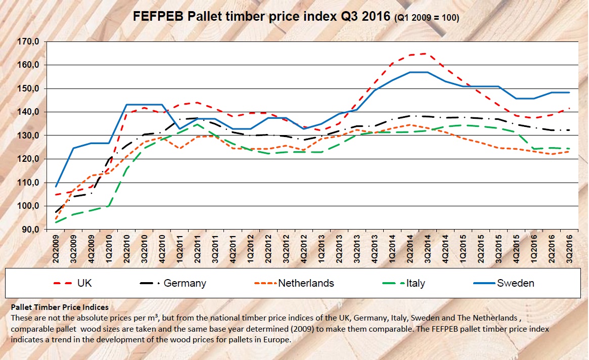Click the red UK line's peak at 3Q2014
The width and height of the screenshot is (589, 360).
click(x=427, y=54)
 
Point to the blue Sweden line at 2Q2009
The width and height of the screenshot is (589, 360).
click(x=56, y=187)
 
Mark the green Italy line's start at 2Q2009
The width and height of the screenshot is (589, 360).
click(x=56, y=222)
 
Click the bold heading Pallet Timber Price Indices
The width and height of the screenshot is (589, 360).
click(x=59, y=307)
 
